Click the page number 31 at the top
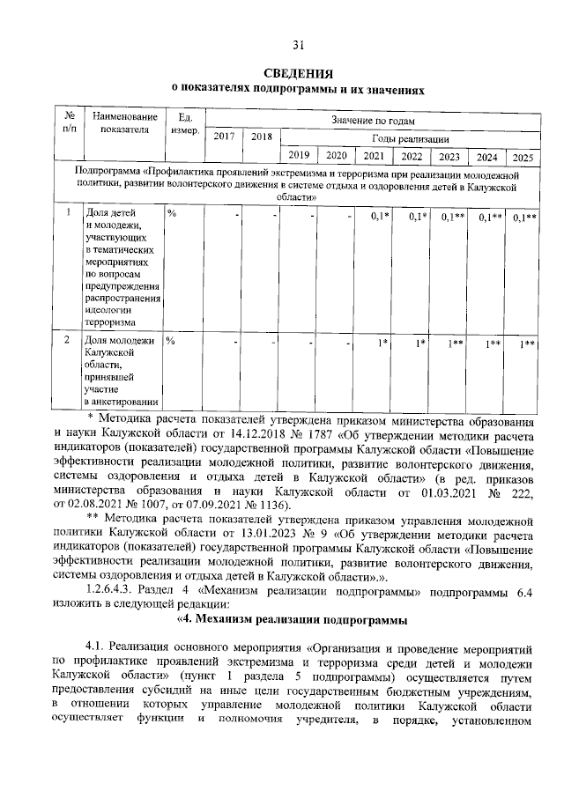click(x=298, y=45)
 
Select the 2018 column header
click(x=261, y=136)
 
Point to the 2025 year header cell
click(x=523, y=157)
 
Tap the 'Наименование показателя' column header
click(x=124, y=123)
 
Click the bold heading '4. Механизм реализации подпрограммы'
click(x=281, y=619)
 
